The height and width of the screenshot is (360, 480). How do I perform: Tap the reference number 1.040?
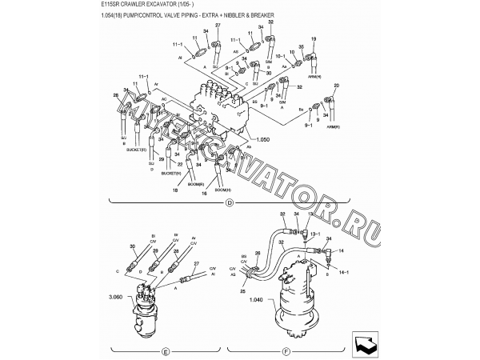258,301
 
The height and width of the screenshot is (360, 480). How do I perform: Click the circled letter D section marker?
229,204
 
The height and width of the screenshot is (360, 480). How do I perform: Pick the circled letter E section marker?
164,351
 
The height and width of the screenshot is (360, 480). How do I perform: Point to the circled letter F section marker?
286,351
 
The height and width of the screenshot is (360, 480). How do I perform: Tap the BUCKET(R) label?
137,149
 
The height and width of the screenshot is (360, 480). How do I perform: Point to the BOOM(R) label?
195,183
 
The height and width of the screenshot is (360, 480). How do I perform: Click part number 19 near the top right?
314,38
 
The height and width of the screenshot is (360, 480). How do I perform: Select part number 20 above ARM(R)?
337,85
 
